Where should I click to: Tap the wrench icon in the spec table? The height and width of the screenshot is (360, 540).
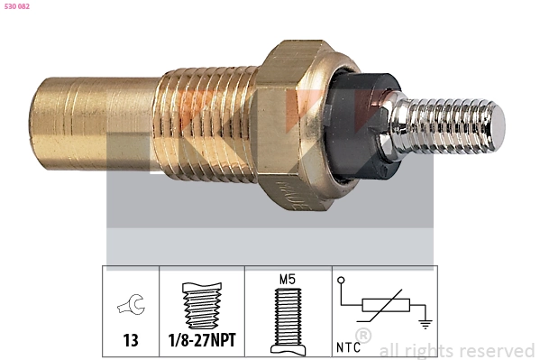130,307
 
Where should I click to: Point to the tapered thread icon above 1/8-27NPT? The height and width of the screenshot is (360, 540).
200,305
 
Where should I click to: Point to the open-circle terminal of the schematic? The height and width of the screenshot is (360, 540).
342,282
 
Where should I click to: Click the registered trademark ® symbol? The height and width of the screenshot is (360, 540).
363,336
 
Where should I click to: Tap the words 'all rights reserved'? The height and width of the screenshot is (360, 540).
456,350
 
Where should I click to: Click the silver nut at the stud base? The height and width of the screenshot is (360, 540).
398,126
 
